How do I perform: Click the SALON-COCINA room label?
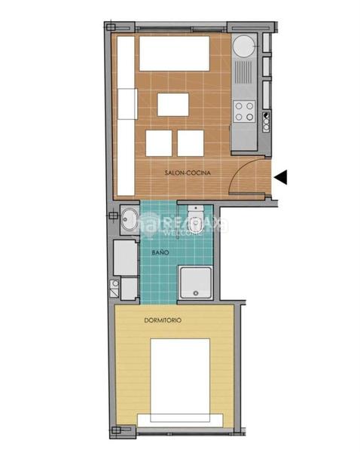[188, 173]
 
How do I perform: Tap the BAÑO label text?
[160, 253]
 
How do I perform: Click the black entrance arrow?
[282, 177]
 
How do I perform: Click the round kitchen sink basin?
[243, 47]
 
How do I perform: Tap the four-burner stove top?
[243, 111]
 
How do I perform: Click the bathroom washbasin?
[129, 221]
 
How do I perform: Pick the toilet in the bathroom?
[194, 218]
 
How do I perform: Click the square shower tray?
[195, 281]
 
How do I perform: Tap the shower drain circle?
[195, 292]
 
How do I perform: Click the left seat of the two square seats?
[158, 142]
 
